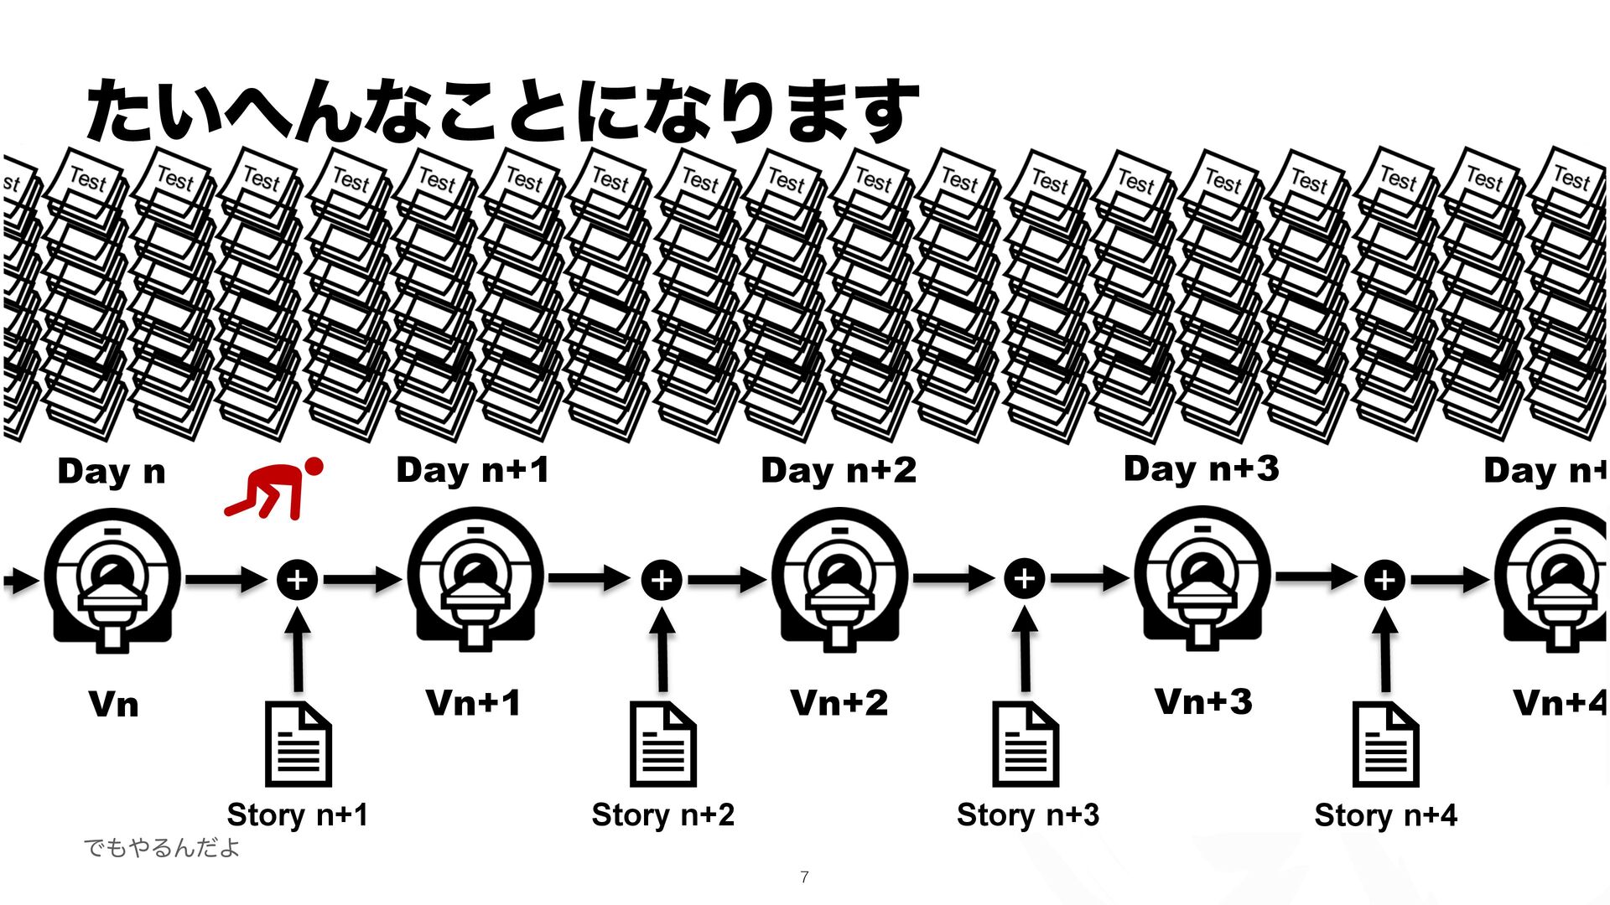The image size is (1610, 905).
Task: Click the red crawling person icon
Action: tap(275, 489)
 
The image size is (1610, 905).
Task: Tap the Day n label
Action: tap(112, 472)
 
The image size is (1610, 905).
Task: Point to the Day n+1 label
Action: tap(473, 470)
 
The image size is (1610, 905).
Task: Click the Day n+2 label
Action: tap(839, 470)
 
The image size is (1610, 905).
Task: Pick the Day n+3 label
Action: tap(1201, 468)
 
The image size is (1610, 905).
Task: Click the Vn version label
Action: tap(114, 704)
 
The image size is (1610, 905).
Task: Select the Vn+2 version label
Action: tap(839, 702)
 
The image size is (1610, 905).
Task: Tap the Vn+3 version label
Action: tap(1203, 701)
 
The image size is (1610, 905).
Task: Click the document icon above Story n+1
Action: tap(298, 744)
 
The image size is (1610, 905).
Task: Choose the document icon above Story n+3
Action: tap(1025, 744)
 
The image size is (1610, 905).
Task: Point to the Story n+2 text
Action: tap(662, 814)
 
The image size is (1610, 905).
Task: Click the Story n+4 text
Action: tap(1385, 814)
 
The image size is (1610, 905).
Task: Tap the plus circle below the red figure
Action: tap(298, 579)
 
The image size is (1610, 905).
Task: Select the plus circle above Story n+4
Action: tap(1384, 579)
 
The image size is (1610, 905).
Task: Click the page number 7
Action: tap(804, 877)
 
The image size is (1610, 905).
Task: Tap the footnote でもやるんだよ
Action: tap(161, 847)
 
